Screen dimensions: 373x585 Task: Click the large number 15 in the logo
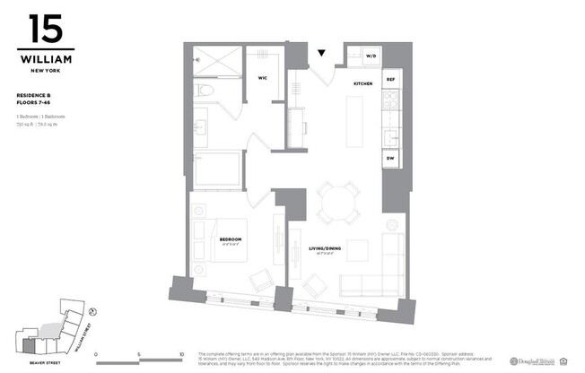tap(45, 30)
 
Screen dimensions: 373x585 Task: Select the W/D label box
tap(371, 56)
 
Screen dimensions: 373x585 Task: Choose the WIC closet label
tap(264, 78)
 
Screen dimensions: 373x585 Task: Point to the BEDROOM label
tap(231, 239)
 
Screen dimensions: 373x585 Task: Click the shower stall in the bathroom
tap(217, 60)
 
